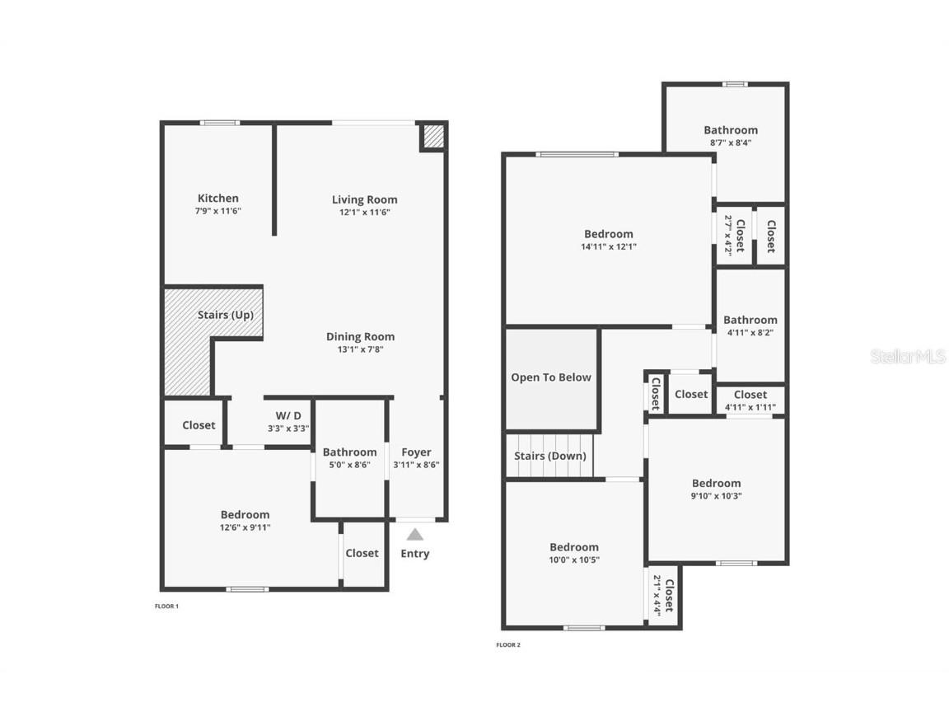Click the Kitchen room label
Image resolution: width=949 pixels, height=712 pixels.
pyautogui.click(x=218, y=198)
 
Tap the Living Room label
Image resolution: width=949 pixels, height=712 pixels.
pyautogui.click(x=364, y=199)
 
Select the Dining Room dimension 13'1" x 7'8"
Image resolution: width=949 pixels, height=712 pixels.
pyautogui.click(x=360, y=349)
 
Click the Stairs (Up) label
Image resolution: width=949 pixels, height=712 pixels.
pyautogui.click(x=225, y=315)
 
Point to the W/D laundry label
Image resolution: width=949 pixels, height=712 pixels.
pyautogui.click(x=288, y=415)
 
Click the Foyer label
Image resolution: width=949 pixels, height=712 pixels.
pyautogui.click(x=416, y=452)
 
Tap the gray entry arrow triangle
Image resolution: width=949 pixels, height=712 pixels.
pyautogui.click(x=415, y=534)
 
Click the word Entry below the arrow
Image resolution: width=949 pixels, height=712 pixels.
pyautogui.click(x=415, y=554)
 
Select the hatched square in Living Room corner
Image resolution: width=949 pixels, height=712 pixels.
pyautogui.click(x=433, y=136)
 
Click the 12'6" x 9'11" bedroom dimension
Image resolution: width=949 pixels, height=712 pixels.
pyautogui.click(x=245, y=527)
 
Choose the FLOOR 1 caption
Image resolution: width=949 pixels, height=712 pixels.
pyautogui.click(x=166, y=607)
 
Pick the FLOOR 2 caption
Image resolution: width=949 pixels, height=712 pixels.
pyautogui.click(x=508, y=645)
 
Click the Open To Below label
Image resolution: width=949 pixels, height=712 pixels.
pyautogui.click(x=551, y=377)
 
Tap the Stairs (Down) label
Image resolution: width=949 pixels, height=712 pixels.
pyautogui.click(x=550, y=456)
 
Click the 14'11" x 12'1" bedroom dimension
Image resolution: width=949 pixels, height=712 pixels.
pyautogui.click(x=609, y=246)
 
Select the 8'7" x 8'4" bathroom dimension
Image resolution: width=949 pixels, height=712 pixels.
pyautogui.click(x=731, y=143)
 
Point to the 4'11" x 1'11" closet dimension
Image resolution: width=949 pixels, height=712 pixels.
pyautogui.click(x=750, y=407)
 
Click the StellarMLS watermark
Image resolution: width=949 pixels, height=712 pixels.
pyautogui.click(x=908, y=357)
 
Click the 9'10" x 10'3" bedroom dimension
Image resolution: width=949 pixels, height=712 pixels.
pyautogui.click(x=716, y=496)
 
